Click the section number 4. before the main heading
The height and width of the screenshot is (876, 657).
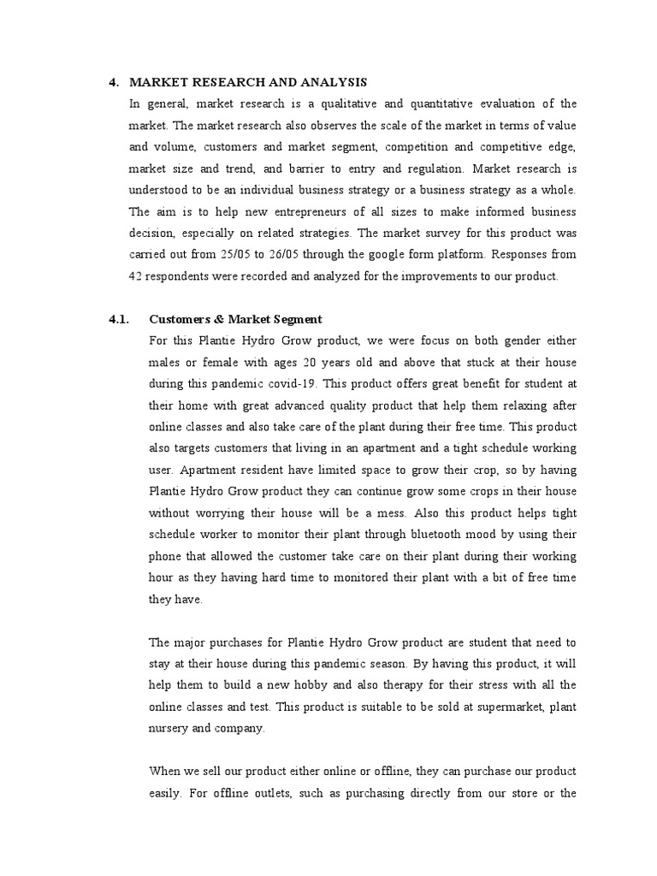point(113,82)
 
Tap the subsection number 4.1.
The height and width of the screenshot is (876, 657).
point(118,319)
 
